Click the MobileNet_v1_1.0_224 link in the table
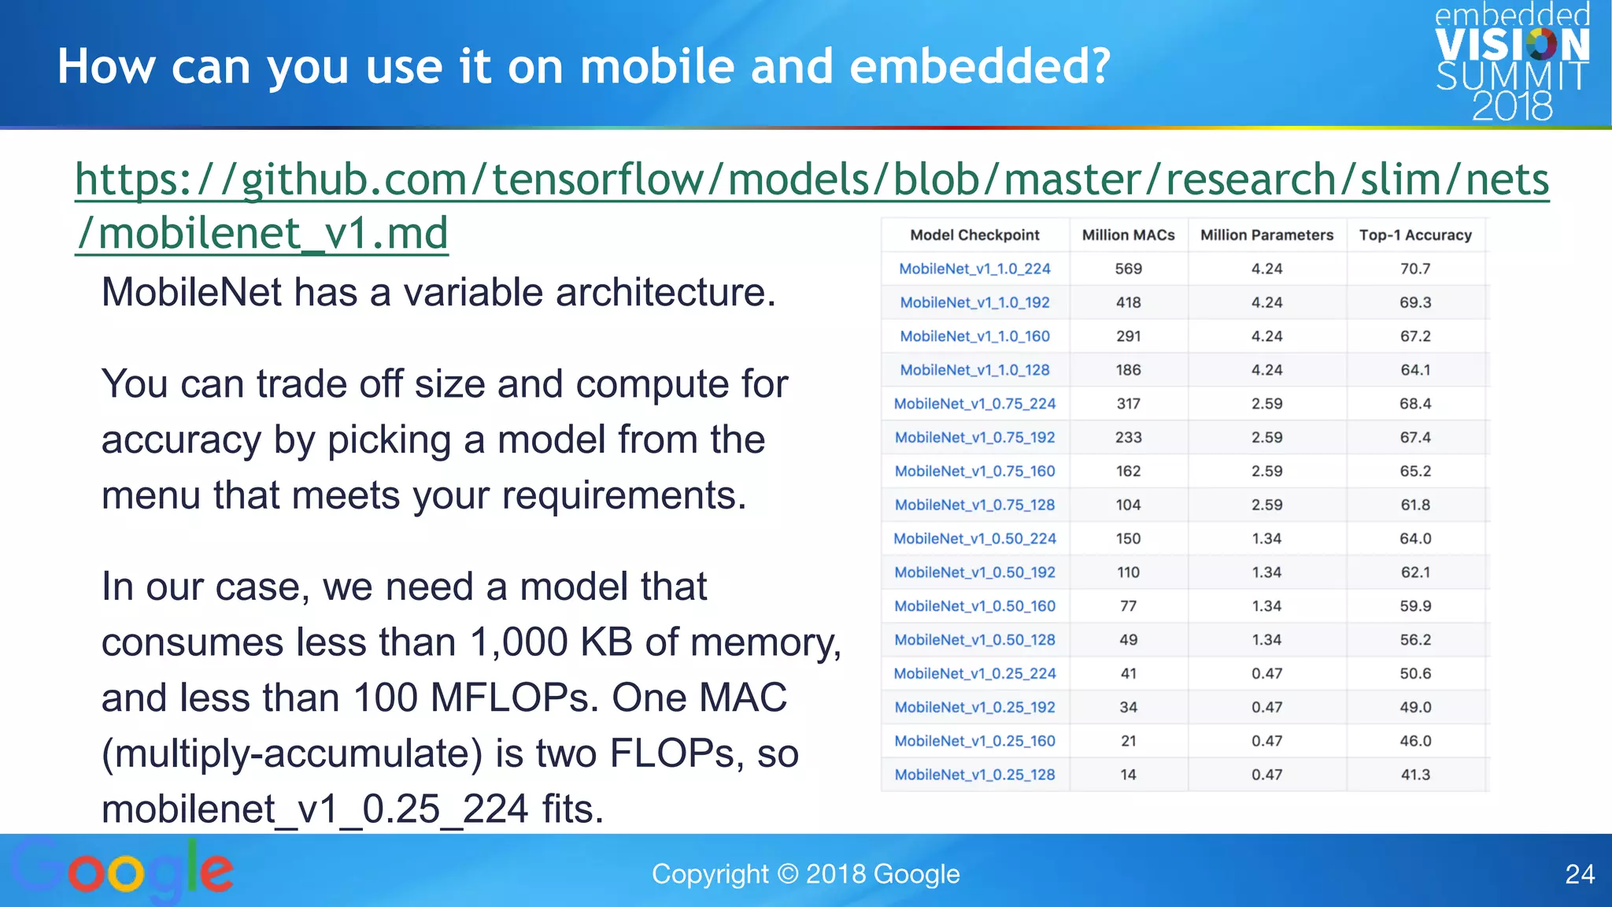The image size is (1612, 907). coord(974,268)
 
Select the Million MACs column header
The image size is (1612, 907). coord(1128,235)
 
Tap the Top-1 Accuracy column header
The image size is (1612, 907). coord(1414,235)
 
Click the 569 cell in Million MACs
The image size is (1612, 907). coord(1128,268)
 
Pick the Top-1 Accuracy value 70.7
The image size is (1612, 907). coord(1414,268)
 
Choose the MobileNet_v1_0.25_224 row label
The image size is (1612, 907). coord(974,673)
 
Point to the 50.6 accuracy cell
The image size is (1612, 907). coord(1414,673)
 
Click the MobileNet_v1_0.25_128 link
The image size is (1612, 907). coord(974,775)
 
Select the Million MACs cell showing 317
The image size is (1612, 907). coord(1128,404)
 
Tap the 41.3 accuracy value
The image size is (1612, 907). coord(1414,775)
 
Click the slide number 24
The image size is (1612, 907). coord(1579,874)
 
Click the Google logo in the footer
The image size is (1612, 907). coord(122,870)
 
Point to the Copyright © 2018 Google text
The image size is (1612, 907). coord(805,874)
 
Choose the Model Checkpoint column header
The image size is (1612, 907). coord(974,235)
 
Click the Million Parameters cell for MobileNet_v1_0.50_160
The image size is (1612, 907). coord(1266,606)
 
